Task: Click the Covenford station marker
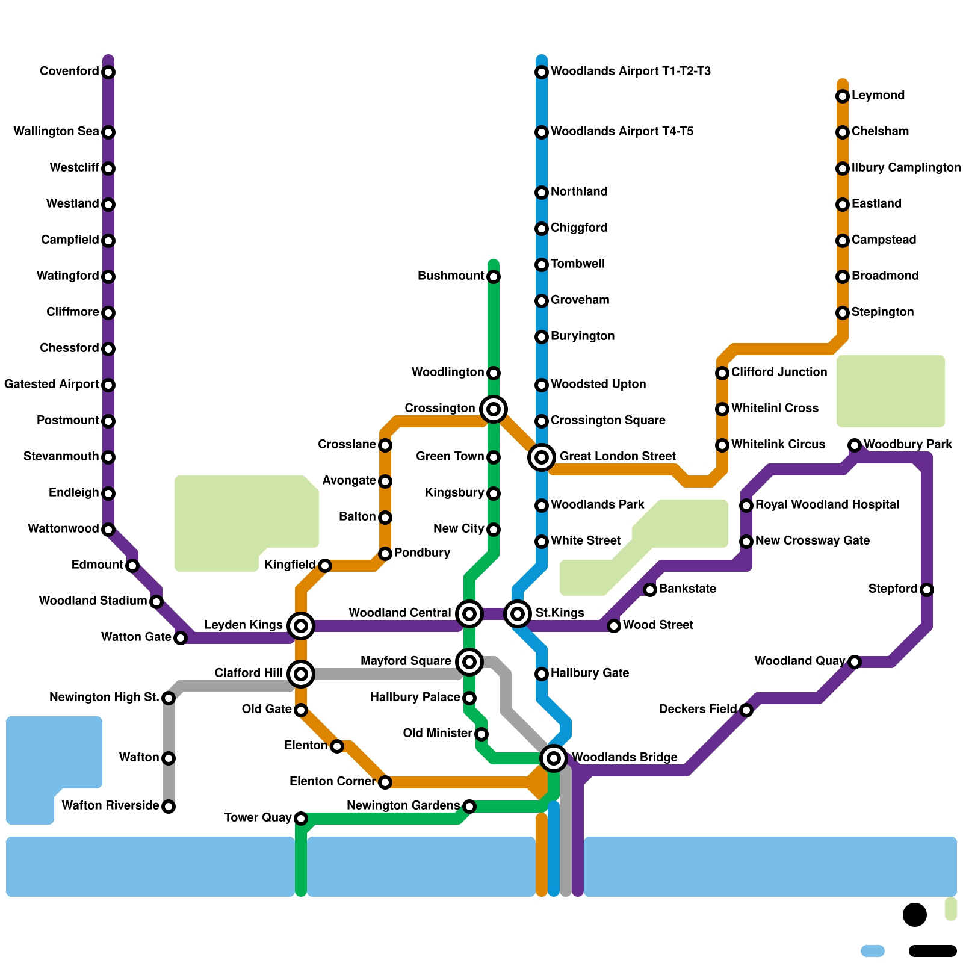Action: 108,72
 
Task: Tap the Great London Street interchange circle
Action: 542,457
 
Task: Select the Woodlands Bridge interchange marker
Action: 554,758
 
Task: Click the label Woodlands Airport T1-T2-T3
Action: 630,72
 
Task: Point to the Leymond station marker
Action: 843,96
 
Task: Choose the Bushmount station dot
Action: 494,277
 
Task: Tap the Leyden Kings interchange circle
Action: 301,626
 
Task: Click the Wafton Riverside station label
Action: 110,806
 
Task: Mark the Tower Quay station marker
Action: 301,819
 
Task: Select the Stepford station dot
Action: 927,590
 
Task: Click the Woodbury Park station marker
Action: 855,445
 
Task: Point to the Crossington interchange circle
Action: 494,409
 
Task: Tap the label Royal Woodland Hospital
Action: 827,505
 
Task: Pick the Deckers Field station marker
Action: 746,710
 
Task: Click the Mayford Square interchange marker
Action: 469,662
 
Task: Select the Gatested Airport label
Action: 52,385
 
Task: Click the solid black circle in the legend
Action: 915,915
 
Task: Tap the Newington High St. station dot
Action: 169,698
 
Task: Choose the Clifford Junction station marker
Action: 722,373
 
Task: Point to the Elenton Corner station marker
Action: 385,782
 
